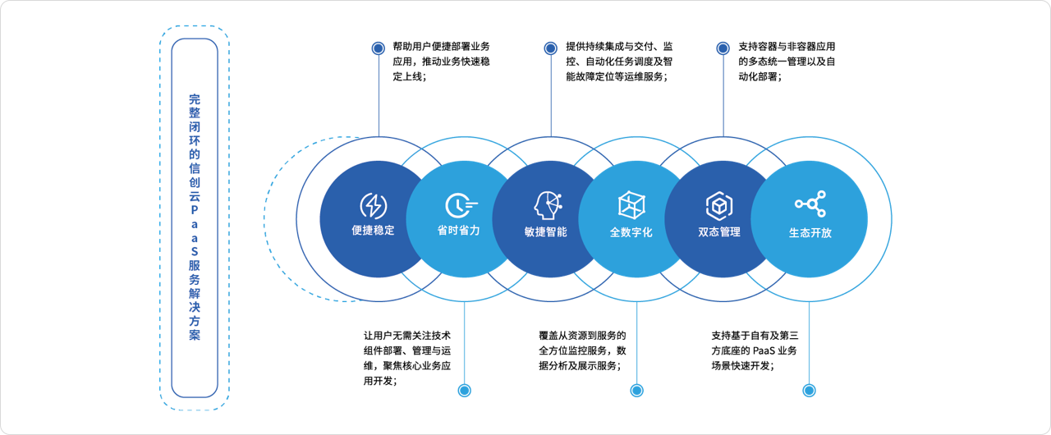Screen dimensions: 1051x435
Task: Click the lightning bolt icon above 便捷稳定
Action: (x=374, y=205)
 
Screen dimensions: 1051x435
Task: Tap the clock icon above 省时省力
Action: (x=461, y=205)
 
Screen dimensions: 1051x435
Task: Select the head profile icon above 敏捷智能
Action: (x=548, y=205)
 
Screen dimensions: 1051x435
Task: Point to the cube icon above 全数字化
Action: (x=631, y=205)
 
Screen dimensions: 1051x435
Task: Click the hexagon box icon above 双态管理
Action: (x=718, y=205)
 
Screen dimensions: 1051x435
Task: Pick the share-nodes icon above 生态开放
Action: (x=810, y=204)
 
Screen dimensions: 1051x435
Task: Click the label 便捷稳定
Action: (x=373, y=230)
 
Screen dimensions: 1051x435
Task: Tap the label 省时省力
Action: (x=458, y=230)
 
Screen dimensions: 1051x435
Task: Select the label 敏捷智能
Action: (x=546, y=231)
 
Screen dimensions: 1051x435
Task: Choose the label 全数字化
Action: (x=631, y=232)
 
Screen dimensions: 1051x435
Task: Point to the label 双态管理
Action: (x=719, y=232)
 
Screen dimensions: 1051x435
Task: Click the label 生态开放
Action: (x=810, y=233)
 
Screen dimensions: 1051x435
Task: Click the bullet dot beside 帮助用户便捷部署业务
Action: (x=379, y=48)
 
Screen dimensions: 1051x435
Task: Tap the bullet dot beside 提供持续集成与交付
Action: (x=551, y=48)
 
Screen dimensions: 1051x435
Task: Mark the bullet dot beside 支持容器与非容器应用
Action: (x=723, y=48)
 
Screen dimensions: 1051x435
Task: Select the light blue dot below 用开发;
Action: (x=465, y=391)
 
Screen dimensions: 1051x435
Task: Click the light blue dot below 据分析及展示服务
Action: (x=636, y=391)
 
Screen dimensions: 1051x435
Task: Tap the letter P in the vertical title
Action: (x=195, y=210)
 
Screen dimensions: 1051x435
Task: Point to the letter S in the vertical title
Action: (x=195, y=252)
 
